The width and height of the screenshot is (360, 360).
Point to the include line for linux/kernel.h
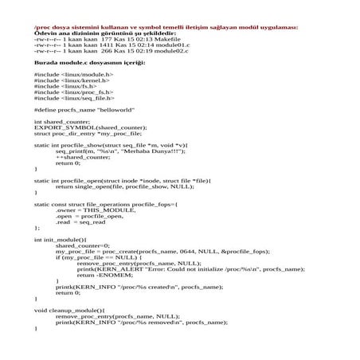(x=72, y=80)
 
